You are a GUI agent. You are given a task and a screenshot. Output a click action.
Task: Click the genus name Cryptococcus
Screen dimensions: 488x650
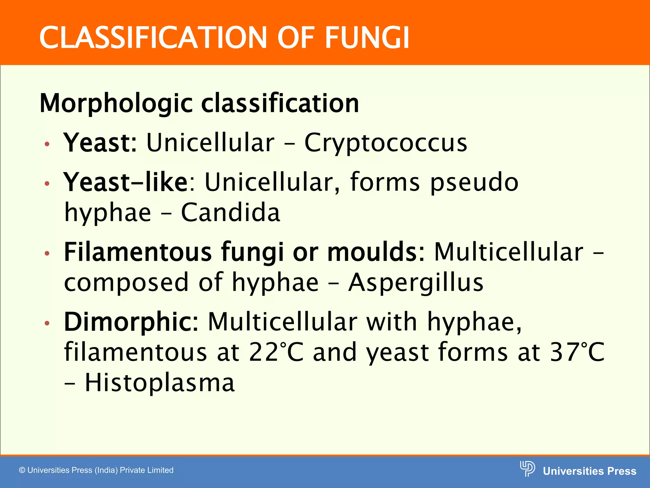coord(386,143)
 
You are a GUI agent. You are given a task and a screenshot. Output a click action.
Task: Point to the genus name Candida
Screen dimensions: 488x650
coord(230,212)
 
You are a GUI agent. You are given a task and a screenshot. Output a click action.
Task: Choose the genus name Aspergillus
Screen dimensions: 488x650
coord(416,282)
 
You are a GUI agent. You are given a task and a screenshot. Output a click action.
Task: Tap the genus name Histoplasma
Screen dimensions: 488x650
coord(160,382)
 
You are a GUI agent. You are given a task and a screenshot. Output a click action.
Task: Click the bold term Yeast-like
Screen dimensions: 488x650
coord(126,182)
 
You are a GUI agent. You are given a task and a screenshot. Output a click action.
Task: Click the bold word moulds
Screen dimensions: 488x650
coord(372,252)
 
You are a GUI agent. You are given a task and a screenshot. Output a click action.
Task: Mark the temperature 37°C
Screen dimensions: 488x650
coord(577,352)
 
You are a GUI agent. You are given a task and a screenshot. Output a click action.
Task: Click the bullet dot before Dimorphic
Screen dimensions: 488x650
coord(47,323)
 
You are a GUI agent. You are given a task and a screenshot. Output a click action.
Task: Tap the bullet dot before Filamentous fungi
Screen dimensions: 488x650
coord(47,254)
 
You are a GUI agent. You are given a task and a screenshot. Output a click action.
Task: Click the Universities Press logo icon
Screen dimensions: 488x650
coord(527,469)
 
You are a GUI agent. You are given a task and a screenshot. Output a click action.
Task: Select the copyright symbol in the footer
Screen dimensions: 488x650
coord(22,470)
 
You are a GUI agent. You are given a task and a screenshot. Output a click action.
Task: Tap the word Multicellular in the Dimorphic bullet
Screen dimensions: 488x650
coord(282,322)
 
